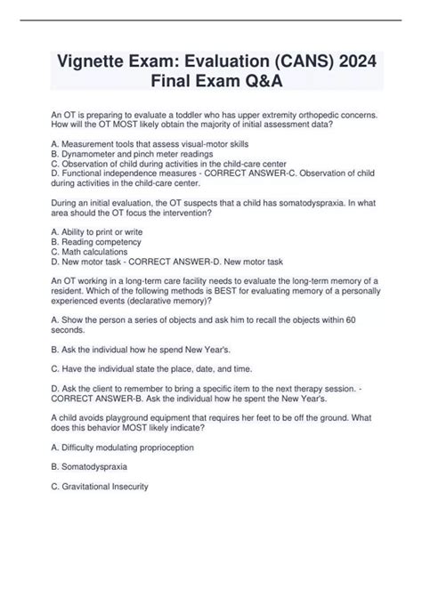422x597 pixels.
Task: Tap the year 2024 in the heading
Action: click(351, 61)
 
